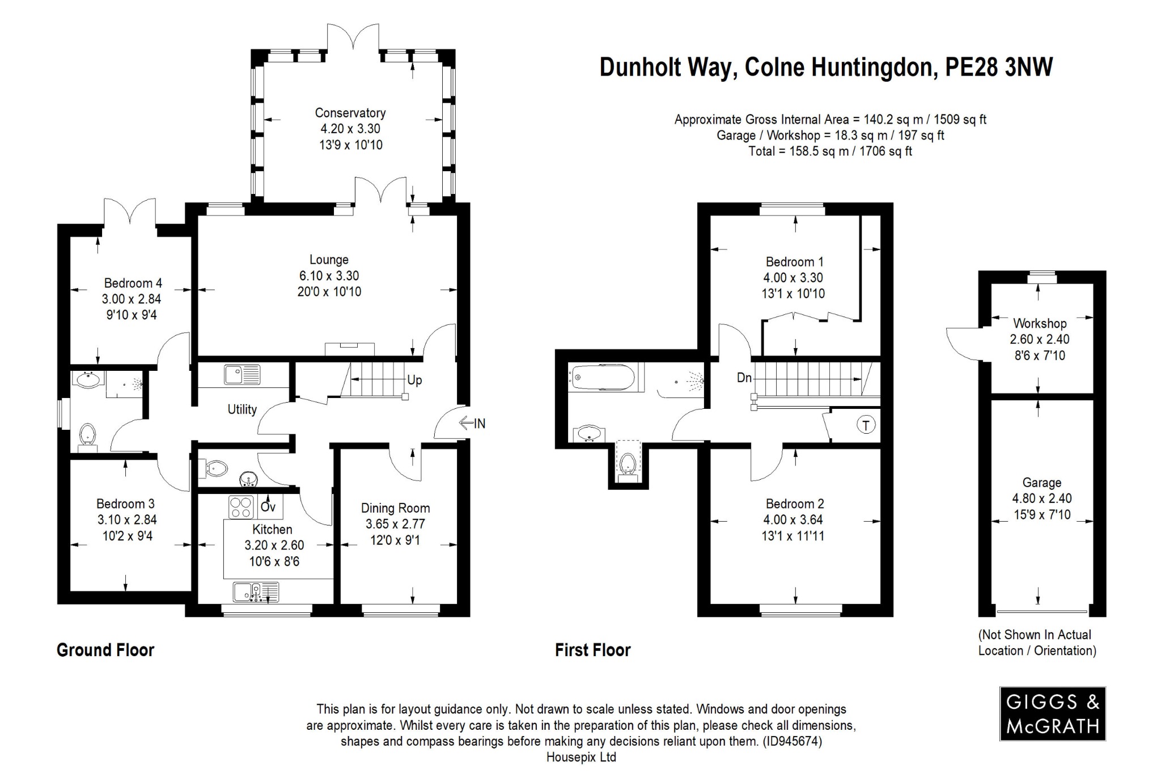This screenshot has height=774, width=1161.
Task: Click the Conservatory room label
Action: point(350,113)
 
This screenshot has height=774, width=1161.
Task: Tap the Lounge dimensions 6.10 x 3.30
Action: point(329,276)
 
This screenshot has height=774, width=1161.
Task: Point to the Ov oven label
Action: point(268,506)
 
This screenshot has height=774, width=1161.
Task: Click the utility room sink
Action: point(242,375)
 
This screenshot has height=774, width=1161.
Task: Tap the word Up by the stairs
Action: point(414,380)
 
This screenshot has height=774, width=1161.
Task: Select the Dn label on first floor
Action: point(744,378)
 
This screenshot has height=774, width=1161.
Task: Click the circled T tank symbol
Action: point(866,425)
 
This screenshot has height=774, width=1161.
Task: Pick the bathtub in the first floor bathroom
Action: point(604,377)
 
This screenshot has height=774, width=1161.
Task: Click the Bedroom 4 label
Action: point(133,283)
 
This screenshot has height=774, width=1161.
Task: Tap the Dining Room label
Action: point(395,508)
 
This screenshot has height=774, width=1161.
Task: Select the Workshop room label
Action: point(1040,324)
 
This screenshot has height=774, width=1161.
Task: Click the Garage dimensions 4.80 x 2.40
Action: point(1042,498)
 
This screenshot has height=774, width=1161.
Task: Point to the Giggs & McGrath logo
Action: point(1052,713)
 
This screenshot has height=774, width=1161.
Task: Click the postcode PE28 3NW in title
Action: point(999,67)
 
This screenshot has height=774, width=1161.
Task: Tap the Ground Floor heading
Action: point(105,650)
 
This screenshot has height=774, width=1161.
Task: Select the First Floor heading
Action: point(592,650)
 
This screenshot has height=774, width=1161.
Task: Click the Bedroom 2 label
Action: point(795,504)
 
